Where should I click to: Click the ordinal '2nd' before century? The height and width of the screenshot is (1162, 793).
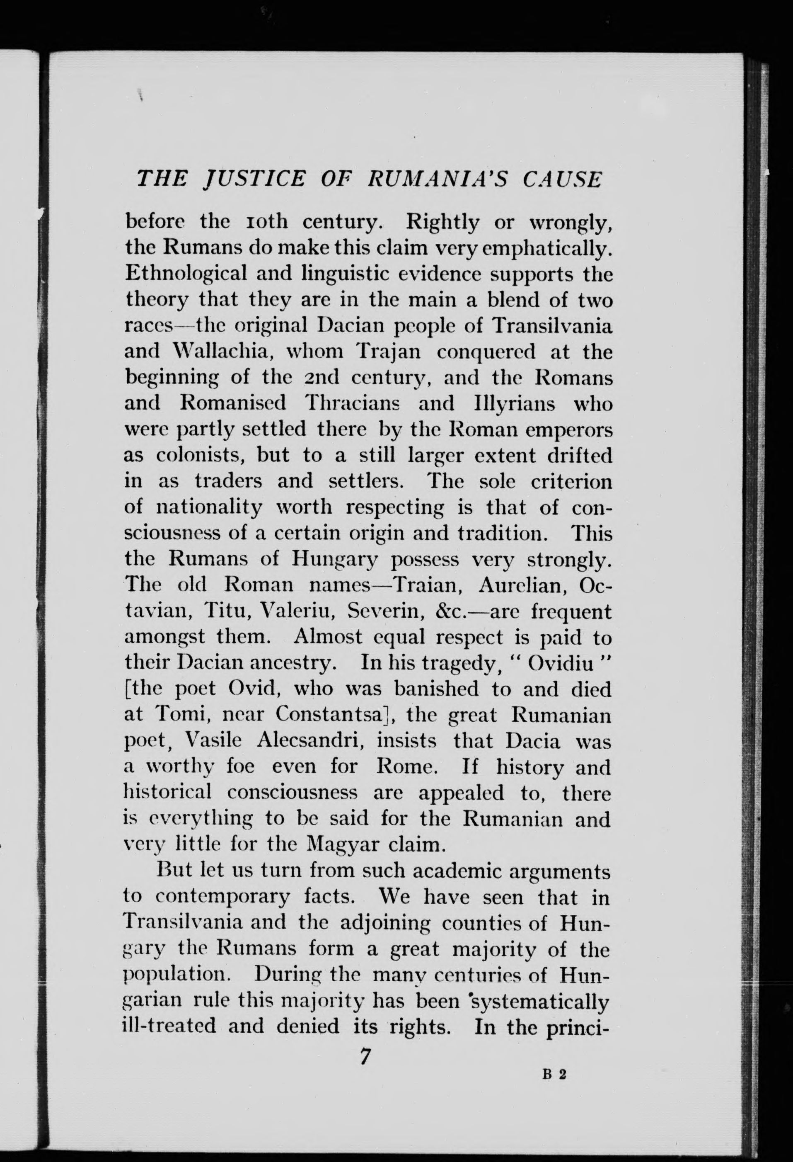coord(321,378)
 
